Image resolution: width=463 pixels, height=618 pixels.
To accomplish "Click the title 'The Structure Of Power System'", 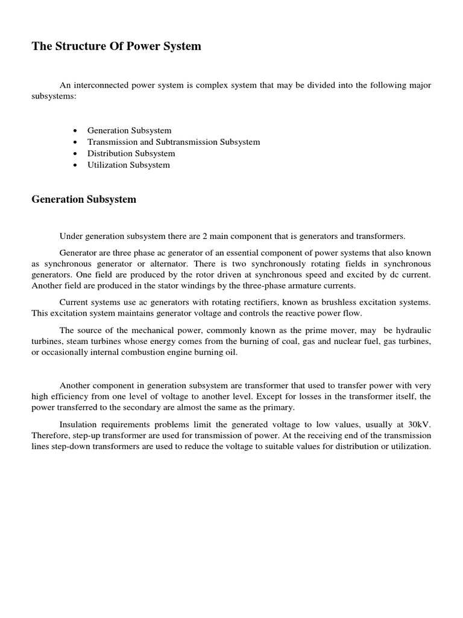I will click(x=116, y=46).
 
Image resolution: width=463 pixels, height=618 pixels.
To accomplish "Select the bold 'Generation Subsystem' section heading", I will click(x=84, y=199).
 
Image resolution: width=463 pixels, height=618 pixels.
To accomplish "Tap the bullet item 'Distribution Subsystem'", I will click(x=131, y=153).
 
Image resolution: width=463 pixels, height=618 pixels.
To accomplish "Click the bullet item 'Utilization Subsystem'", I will click(x=128, y=165).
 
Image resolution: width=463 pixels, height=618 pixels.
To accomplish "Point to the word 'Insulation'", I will click(x=78, y=424).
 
